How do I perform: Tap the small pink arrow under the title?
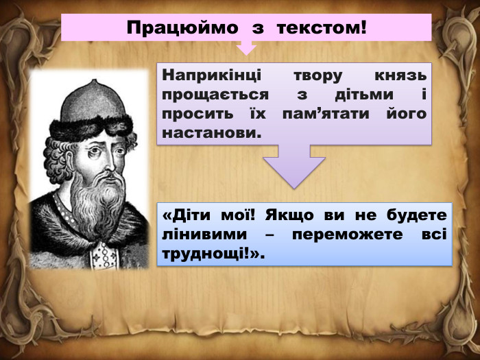(245, 47)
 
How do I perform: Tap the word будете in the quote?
(419, 215)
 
